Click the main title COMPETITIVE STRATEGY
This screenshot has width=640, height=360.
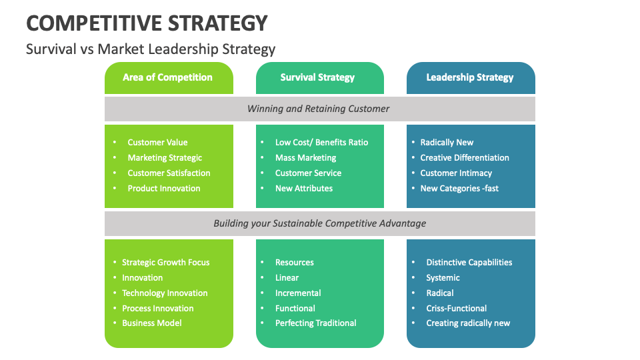point(147,23)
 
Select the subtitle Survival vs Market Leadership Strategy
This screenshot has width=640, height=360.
point(151,49)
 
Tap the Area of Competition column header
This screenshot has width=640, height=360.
point(167,77)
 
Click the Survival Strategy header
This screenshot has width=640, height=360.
point(317,77)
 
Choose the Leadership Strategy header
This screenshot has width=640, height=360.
point(469,77)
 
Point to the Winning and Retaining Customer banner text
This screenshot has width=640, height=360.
point(318,109)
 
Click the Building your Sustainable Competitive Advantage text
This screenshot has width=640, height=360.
point(319,223)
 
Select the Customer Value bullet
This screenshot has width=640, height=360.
point(157,142)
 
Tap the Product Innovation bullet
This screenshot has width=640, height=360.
point(164,188)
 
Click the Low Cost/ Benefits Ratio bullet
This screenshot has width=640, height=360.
point(321,142)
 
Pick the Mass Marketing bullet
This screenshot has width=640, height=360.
point(305,157)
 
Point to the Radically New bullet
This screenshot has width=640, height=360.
point(447,142)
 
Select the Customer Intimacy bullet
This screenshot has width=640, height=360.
point(456,173)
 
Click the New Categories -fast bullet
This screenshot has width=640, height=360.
point(459,188)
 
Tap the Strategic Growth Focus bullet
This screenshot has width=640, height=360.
point(165,262)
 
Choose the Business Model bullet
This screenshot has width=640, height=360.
point(151,323)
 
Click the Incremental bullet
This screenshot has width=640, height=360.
point(298,293)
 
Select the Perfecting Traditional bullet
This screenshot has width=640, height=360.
point(315,323)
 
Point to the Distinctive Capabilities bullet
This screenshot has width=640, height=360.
point(469,262)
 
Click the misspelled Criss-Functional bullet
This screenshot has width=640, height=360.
point(456,308)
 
